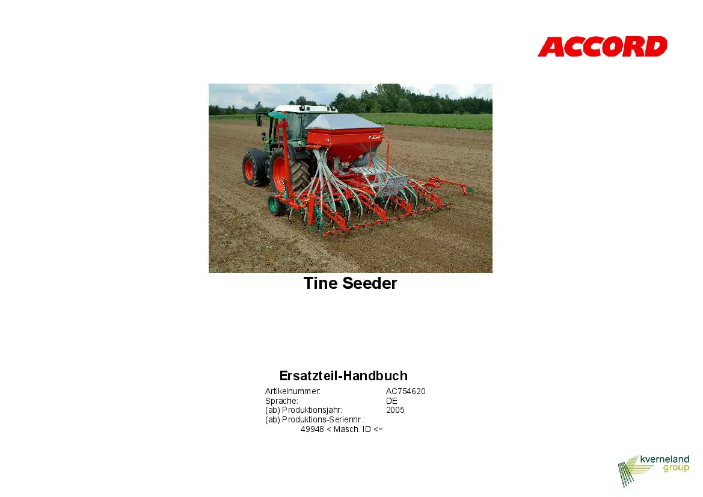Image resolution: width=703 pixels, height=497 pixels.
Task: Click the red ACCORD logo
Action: [x=603, y=47]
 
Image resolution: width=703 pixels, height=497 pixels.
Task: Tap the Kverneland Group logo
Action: [x=654, y=471]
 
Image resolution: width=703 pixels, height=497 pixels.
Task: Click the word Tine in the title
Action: [x=321, y=283]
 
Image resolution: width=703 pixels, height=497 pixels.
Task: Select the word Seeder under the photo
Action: [x=370, y=283]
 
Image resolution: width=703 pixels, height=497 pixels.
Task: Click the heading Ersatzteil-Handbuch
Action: [x=343, y=375]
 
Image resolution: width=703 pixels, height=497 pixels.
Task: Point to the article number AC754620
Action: [x=406, y=391]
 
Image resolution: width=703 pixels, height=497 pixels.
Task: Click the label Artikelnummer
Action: [x=293, y=391]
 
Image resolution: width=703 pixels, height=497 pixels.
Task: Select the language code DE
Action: [x=391, y=401]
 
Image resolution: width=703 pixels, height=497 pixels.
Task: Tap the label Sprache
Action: [x=281, y=401]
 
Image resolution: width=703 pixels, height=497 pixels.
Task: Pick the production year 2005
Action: [x=395, y=410]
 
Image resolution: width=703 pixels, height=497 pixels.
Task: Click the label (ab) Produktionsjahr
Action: [x=304, y=410]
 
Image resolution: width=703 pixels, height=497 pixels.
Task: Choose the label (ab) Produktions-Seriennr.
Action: [x=315, y=420]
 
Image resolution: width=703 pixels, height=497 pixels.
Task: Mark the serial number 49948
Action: [x=312, y=429]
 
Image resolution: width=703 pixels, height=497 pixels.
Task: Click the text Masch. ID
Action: [x=352, y=429]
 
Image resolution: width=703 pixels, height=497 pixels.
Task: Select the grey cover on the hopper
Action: [x=344, y=122]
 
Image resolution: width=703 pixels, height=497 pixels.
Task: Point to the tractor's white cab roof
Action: [x=305, y=108]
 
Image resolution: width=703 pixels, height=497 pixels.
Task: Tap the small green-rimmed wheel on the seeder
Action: [x=275, y=205]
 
